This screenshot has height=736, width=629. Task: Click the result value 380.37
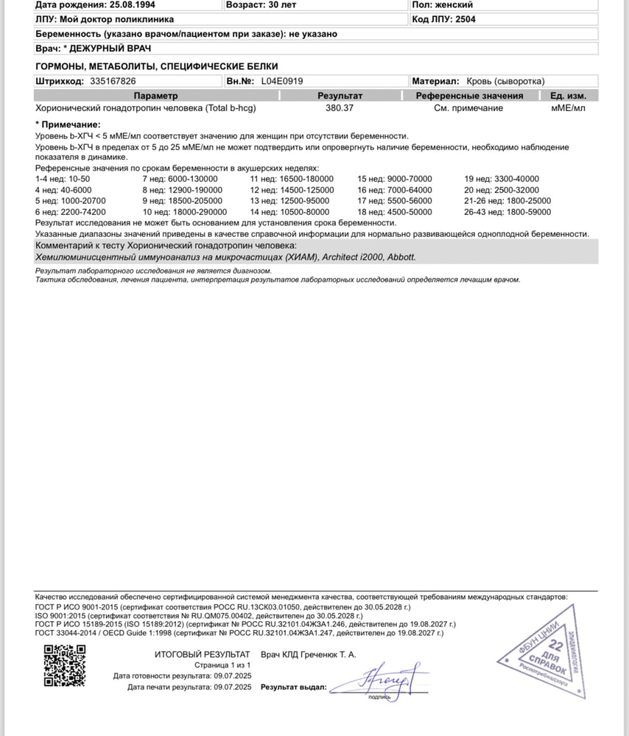[340, 108]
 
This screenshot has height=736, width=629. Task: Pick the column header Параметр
[155, 96]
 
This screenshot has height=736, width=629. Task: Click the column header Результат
[340, 96]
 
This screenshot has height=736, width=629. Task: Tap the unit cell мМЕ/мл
[568, 108]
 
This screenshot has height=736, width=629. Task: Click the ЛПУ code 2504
[465, 19]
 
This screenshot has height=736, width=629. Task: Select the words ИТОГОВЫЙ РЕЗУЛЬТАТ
[203, 654]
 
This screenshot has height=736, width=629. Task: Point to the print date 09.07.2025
[233, 687]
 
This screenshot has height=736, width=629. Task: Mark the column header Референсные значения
[469, 96]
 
